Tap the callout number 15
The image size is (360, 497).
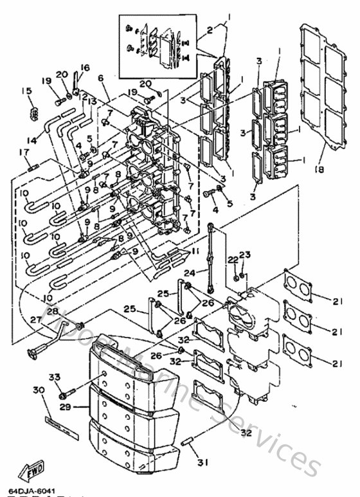click(26, 91)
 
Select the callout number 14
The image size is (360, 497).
click(30, 139)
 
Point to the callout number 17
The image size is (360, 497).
click(24, 152)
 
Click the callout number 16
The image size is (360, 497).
click(85, 67)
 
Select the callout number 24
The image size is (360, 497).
click(188, 273)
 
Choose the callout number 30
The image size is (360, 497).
click(38, 390)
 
